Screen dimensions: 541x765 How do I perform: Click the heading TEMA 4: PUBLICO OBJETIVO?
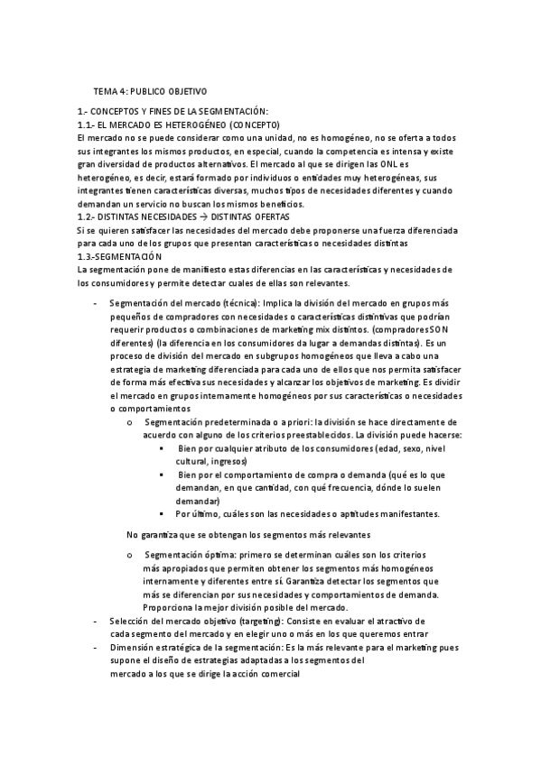[150, 92]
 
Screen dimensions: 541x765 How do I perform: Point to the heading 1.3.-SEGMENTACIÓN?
[120, 257]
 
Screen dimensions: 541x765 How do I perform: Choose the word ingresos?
[229, 460]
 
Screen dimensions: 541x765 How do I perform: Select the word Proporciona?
[171, 607]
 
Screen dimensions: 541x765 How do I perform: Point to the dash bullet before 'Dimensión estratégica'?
[96, 648]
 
